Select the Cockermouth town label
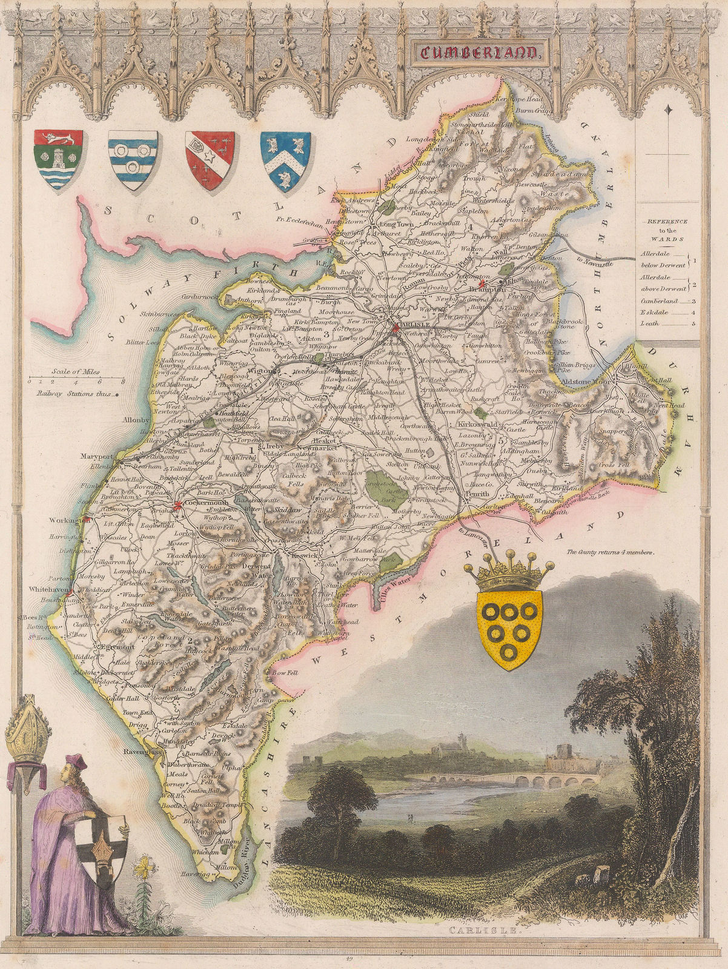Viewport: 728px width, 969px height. point(195,503)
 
